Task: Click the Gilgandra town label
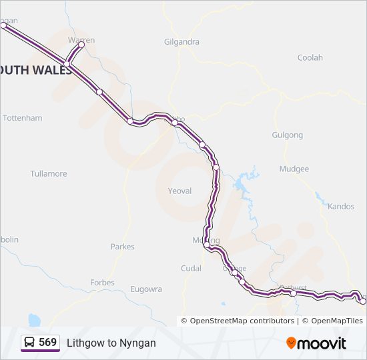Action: (x=181, y=41)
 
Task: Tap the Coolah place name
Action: (x=310, y=58)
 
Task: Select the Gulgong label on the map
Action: (x=287, y=135)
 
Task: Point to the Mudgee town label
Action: (x=294, y=169)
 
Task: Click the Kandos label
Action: (x=341, y=207)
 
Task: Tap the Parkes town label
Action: (x=122, y=247)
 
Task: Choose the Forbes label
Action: (x=102, y=283)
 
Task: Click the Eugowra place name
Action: (x=146, y=289)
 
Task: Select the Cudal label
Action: (x=191, y=269)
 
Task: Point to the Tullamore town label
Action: (x=49, y=174)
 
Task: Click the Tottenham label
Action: (x=23, y=118)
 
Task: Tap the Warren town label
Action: (x=81, y=40)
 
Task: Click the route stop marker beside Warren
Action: (x=82, y=45)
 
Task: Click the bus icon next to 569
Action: (x=30, y=343)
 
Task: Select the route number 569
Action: (x=48, y=343)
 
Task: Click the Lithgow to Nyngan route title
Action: (x=111, y=343)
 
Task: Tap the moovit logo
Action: (x=316, y=343)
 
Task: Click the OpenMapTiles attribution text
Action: (x=336, y=321)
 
